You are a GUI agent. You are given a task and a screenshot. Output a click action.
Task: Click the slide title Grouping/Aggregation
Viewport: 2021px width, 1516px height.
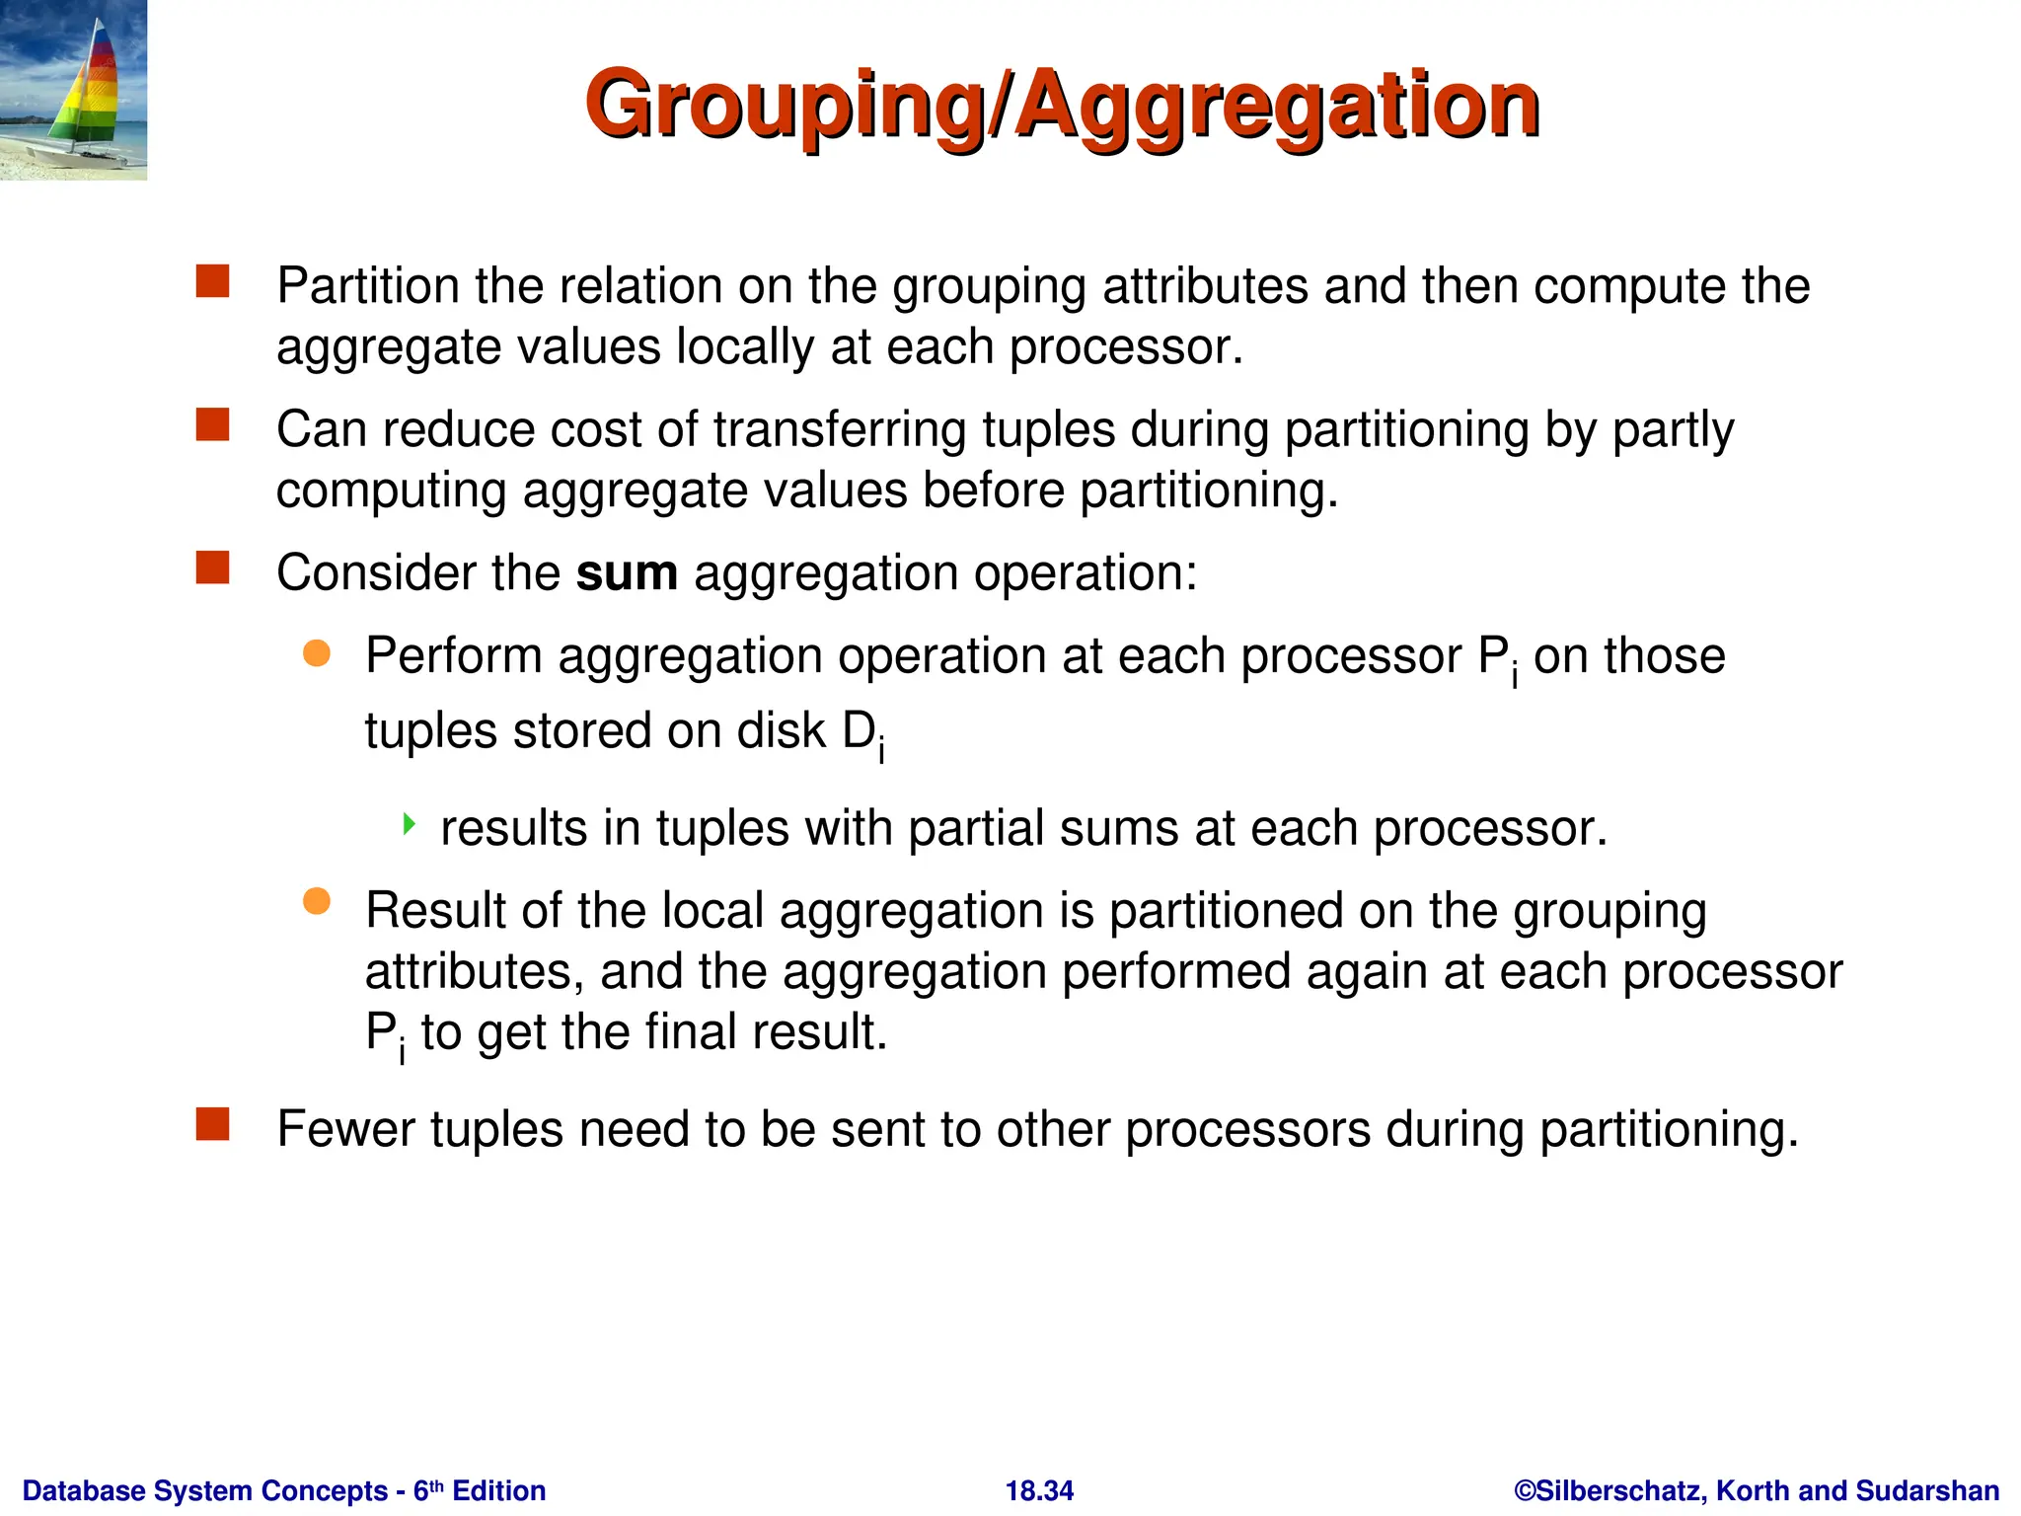coord(1062,105)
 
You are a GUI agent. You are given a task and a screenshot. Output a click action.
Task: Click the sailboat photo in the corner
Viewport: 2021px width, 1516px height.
coord(73,90)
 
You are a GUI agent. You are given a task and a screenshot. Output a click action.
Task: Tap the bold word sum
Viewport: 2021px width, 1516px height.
coord(627,573)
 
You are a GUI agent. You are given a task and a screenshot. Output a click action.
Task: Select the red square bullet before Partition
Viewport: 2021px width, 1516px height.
coord(212,281)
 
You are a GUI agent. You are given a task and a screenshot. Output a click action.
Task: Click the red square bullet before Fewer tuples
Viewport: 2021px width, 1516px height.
coord(212,1124)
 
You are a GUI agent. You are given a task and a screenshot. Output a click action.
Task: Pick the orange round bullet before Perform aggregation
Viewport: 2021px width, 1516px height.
coord(317,652)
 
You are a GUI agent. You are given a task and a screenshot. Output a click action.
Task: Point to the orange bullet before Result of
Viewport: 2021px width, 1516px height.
coord(317,901)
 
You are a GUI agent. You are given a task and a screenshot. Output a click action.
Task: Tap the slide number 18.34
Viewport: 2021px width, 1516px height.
coord(1039,1490)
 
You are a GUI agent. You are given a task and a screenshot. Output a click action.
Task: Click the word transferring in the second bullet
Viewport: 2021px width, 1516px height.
coord(840,430)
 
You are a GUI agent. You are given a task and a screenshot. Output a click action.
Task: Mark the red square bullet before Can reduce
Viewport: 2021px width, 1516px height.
coord(212,425)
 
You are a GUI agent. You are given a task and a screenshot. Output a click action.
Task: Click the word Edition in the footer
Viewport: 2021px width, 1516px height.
coord(499,1490)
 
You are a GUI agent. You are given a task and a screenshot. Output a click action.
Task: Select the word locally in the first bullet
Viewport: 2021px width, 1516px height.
coord(745,347)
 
